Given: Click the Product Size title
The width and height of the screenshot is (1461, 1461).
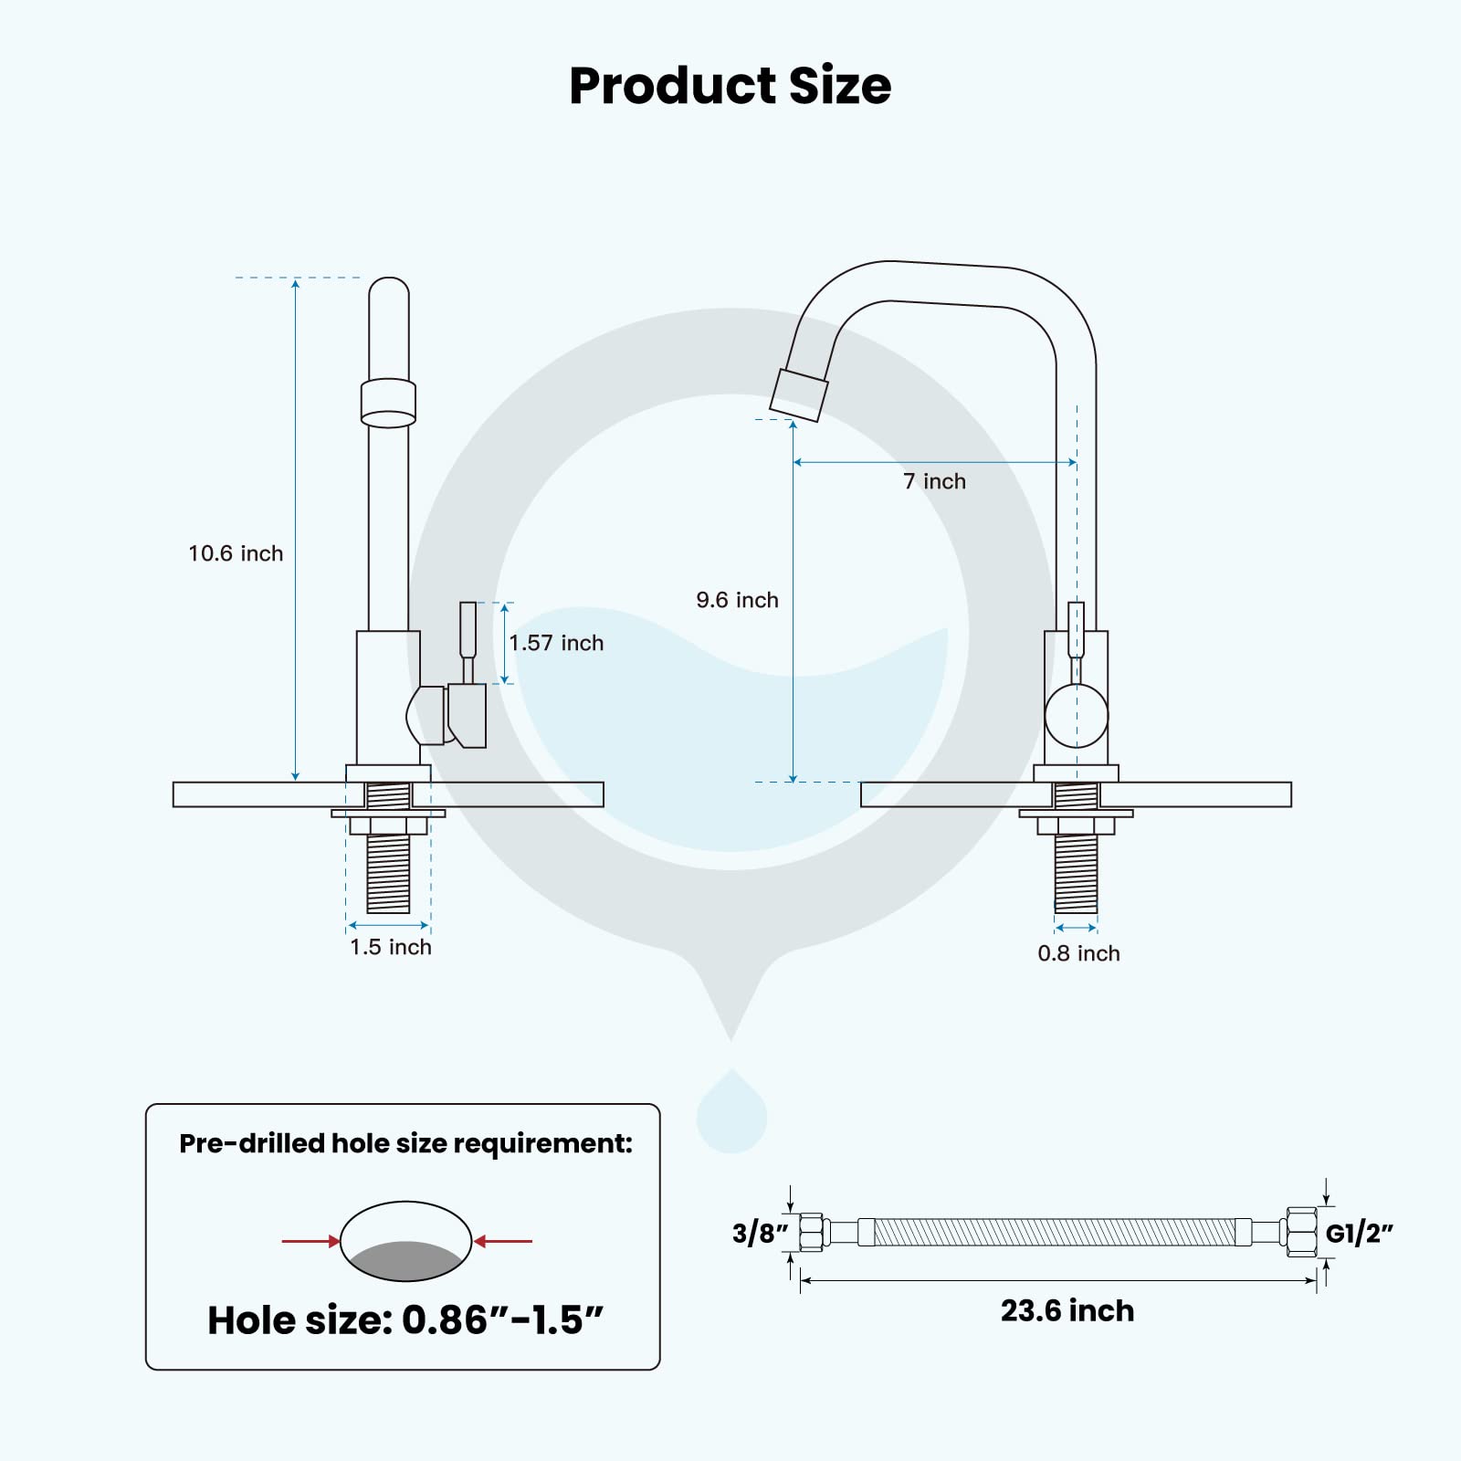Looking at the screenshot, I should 730,86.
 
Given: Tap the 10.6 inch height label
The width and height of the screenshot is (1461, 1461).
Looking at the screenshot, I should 236,553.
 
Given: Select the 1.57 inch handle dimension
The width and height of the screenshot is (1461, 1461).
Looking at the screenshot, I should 556,643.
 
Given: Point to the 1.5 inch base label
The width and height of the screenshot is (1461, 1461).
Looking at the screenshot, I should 391,947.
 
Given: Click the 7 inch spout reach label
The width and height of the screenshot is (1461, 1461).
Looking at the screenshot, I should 934,481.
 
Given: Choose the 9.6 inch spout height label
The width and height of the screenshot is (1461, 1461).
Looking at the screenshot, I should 737,600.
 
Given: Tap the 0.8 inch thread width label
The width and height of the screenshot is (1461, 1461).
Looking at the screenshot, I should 1078,953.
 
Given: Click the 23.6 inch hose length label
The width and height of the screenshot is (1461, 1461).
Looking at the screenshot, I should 1067,1310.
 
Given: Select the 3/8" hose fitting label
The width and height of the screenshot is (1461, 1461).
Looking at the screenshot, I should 760,1234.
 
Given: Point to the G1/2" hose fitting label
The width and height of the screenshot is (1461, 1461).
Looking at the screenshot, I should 1359,1234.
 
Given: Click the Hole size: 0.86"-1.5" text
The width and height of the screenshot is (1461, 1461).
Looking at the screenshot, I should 405,1320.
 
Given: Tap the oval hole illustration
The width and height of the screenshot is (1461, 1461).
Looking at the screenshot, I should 405,1241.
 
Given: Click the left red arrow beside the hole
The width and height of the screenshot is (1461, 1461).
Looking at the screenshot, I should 310,1241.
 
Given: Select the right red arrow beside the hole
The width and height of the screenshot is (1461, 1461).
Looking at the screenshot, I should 503,1241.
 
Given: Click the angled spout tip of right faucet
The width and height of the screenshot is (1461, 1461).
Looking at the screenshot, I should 799,394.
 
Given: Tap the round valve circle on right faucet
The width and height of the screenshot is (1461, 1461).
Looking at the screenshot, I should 1076,717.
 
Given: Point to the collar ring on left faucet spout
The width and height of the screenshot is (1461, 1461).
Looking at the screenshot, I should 388,403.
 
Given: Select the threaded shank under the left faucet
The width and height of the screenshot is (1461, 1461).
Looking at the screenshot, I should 388,873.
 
